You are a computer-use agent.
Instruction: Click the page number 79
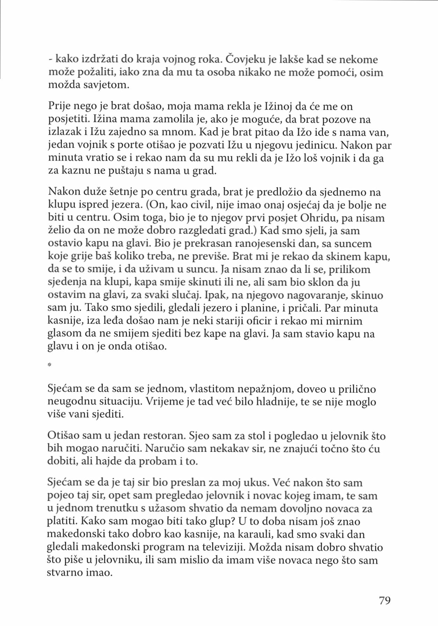pyautogui.click(x=385, y=600)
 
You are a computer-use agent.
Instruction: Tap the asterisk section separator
pyautogui.click(x=50, y=365)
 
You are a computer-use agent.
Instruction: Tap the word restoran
pyautogui.click(x=165, y=435)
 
